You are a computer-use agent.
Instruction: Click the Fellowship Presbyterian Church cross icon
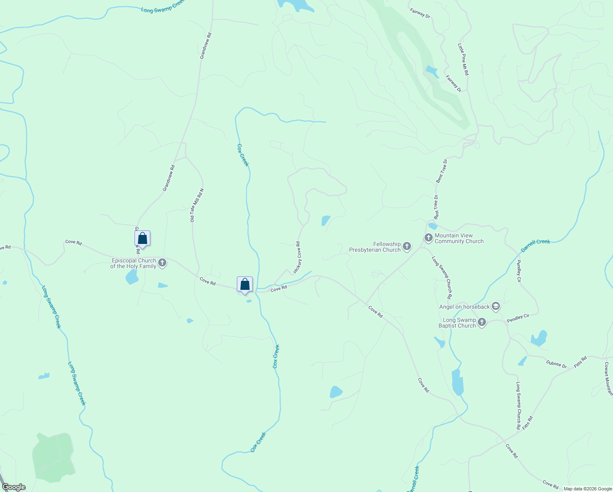(407, 246)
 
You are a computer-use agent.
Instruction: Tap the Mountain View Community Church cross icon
(429, 238)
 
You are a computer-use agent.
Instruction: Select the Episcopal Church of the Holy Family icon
(162, 263)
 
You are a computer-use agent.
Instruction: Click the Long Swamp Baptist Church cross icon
(482, 322)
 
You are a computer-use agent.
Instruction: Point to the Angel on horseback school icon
(496, 306)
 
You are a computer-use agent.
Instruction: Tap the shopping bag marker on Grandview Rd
(142, 238)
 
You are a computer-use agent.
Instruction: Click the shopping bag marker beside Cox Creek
(245, 284)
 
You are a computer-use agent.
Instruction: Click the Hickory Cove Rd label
(297, 258)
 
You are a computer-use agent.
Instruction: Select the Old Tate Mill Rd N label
(197, 205)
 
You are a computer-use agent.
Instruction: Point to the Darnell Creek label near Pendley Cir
(535, 245)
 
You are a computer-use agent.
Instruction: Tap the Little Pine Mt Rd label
(463, 59)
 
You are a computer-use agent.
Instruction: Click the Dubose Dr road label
(556, 364)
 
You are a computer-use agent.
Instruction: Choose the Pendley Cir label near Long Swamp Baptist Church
(518, 318)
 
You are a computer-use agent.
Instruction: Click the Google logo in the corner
(14, 487)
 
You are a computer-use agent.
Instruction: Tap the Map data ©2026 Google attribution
(588, 489)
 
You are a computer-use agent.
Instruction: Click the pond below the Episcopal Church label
(132, 278)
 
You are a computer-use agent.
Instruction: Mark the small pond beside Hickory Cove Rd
(326, 221)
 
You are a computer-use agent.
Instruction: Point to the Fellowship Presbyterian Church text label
(375, 247)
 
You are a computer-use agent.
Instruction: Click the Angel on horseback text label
(465, 307)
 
